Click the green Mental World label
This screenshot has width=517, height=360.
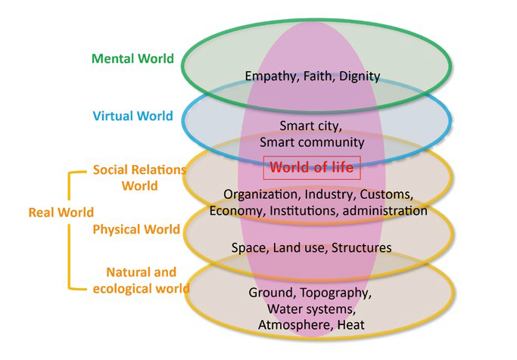pos(132,58)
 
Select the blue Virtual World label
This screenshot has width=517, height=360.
pos(132,116)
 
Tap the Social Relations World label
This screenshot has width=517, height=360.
pos(139,177)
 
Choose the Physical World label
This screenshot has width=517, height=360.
pos(136,229)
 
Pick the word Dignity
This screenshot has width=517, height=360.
pos(359,76)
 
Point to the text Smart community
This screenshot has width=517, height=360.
pos(312,141)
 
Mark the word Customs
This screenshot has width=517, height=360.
pos(387,194)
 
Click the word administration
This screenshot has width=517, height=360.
pos(385,210)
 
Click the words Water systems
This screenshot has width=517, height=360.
pos(312,309)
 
